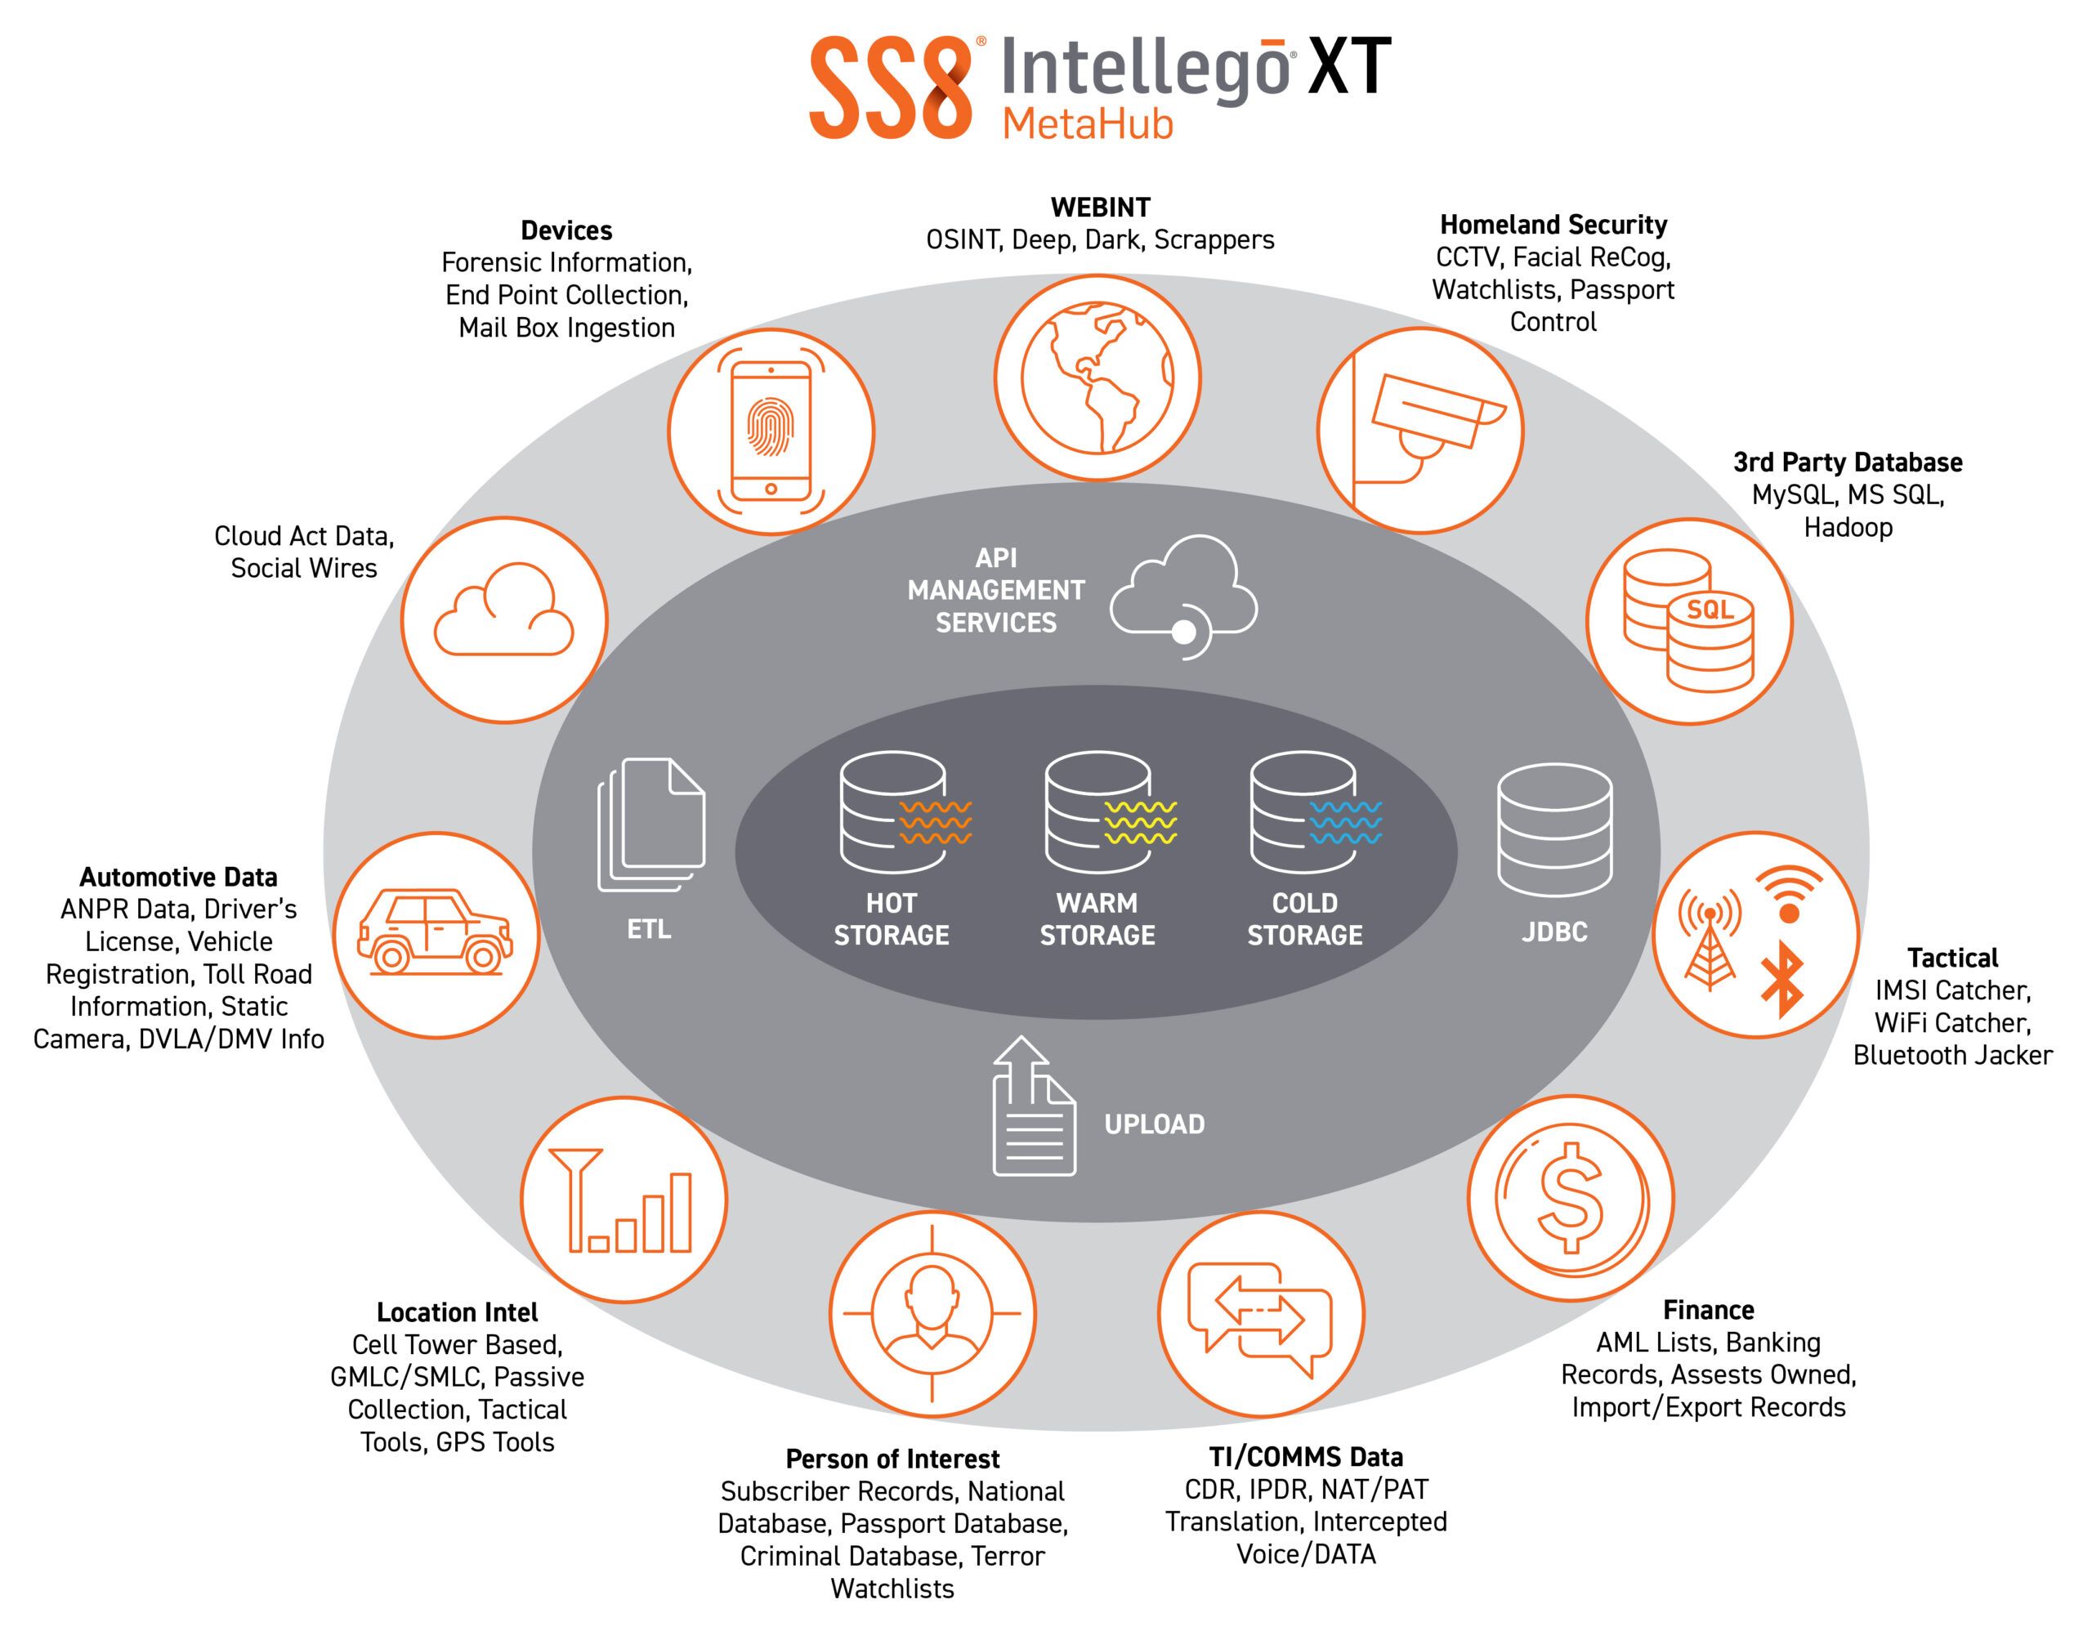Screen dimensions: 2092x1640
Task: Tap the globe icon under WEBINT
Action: (1097, 378)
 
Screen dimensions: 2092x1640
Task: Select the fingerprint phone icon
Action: (771, 431)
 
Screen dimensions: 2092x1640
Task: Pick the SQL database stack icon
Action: (1689, 620)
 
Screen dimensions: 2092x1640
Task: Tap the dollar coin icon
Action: (1571, 1197)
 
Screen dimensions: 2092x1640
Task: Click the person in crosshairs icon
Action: (932, 1312)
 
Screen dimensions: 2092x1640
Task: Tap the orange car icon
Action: (435, 932)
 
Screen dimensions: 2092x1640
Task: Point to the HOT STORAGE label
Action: (891, 919)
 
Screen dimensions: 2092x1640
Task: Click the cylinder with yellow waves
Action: (1110, 812)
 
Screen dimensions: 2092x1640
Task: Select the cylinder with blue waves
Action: (1316, 812)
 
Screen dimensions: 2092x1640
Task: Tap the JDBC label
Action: (1554, 932)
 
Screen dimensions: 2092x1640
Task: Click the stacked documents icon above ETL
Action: (651, 824)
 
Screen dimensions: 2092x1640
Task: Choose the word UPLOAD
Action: (1154, 1124)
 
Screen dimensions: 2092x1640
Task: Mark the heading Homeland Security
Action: (1553, 225)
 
